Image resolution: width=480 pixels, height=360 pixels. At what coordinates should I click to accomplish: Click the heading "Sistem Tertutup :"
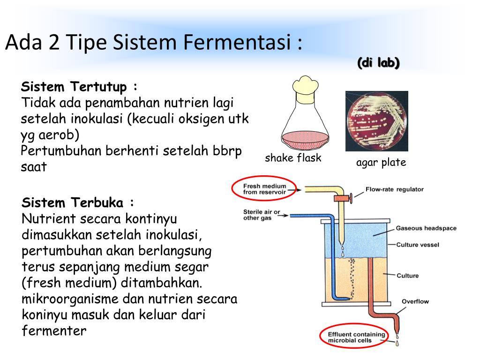[80, 87]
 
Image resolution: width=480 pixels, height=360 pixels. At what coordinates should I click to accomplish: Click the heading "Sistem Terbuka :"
[78, 203]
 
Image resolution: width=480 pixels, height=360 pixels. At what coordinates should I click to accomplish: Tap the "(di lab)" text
[378, 63]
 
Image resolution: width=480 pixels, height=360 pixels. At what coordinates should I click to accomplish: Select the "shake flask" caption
[293, 158]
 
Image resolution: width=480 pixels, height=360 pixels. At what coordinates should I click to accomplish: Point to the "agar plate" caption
[381, 163]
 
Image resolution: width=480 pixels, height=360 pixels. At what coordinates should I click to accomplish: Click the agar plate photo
[376, 121]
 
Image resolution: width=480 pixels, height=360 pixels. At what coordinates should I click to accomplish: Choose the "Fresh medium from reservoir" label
[264, 189]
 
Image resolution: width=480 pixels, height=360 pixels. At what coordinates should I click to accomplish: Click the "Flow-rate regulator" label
[394, 189]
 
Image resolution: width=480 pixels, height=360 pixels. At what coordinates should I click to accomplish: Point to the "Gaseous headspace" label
[426, 228]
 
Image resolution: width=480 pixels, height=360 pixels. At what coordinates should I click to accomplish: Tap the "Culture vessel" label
[418, 245]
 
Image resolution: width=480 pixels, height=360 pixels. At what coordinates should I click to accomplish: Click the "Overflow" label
[415, 301]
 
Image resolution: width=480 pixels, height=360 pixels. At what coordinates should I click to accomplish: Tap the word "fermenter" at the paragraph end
[54, 330]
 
